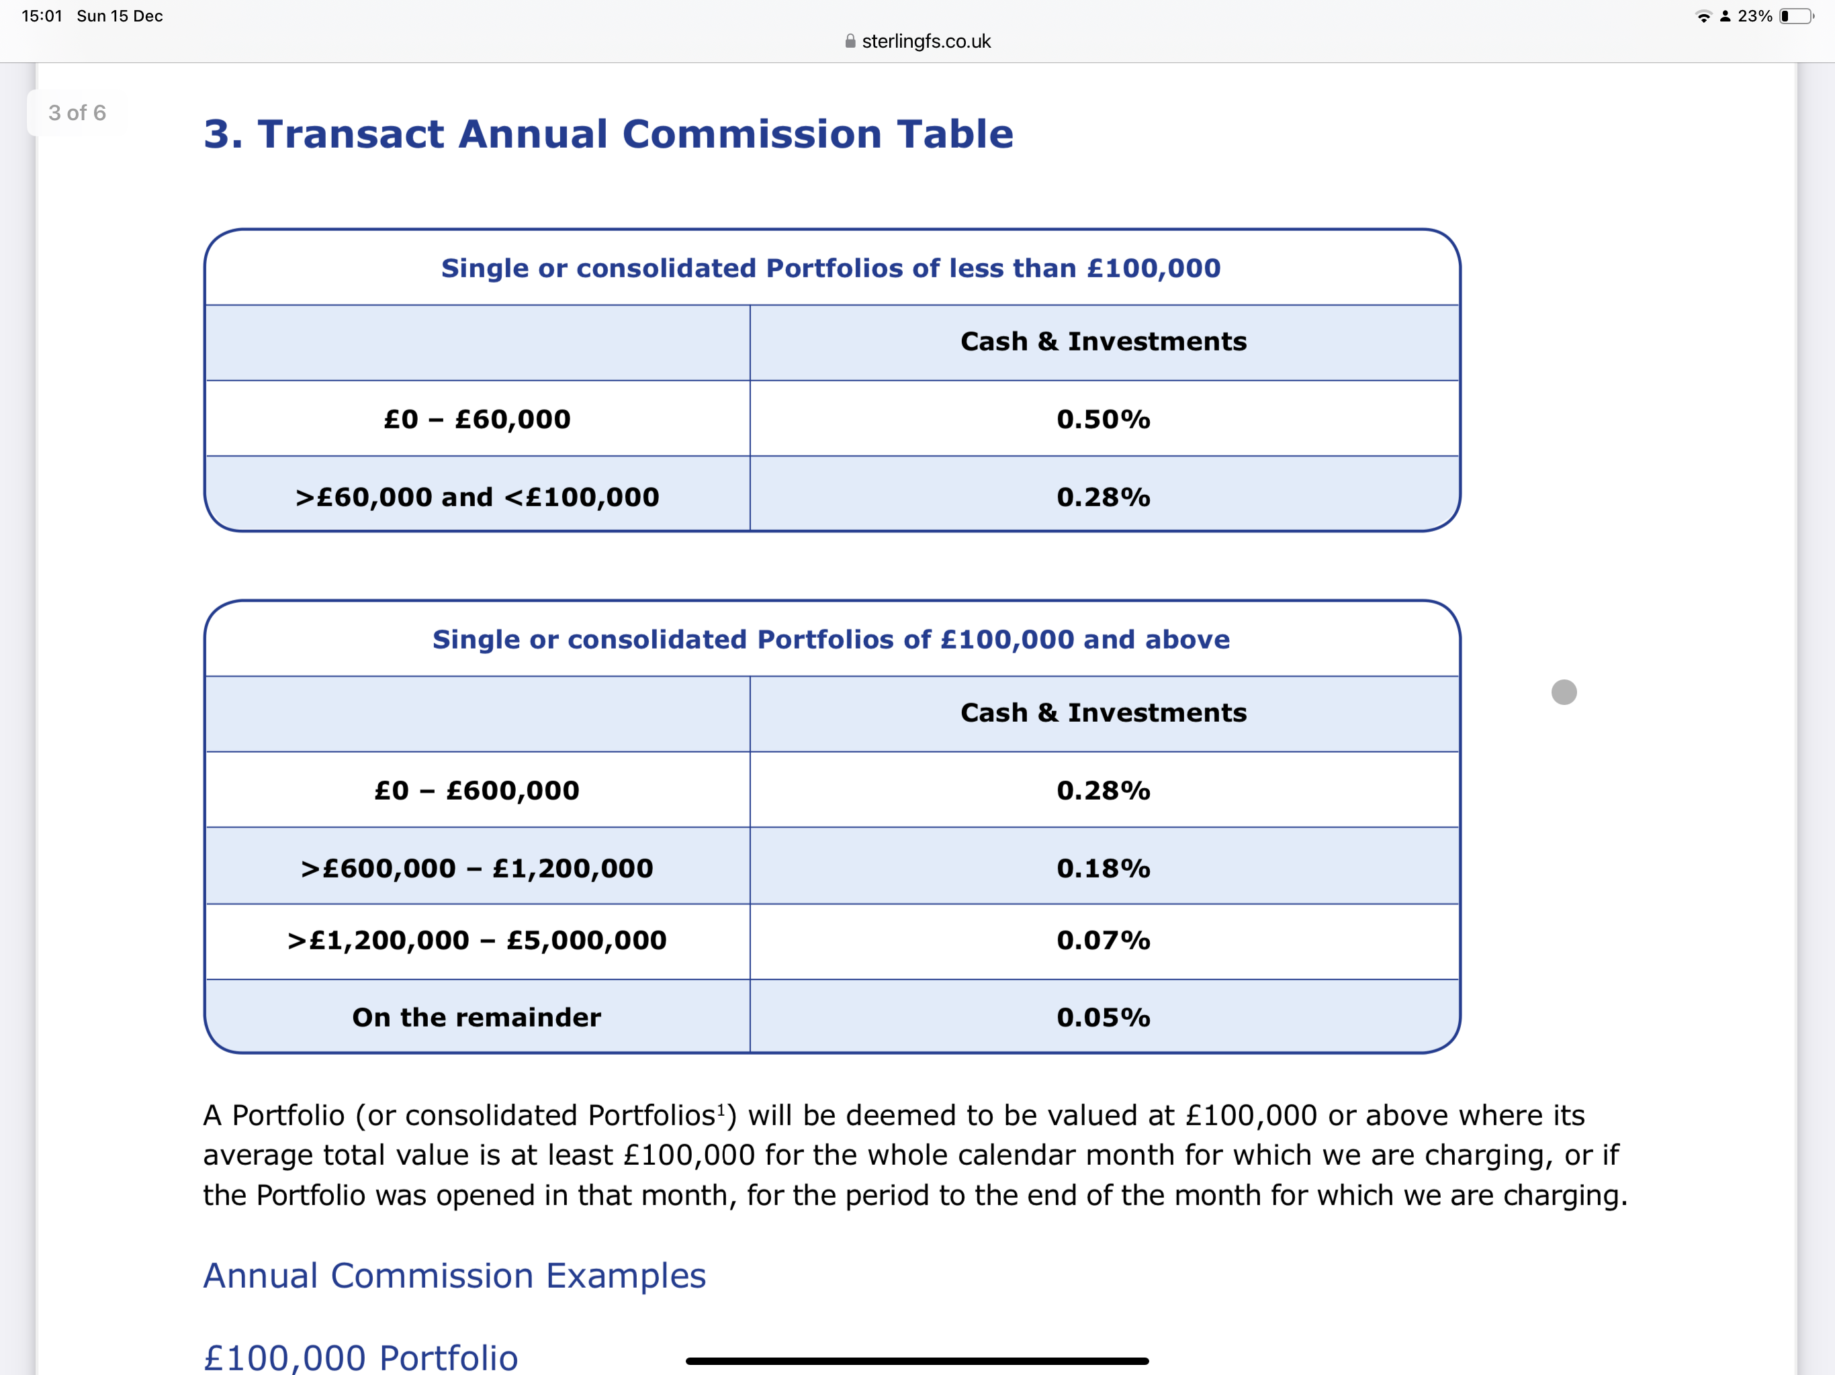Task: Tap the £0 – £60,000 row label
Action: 477,419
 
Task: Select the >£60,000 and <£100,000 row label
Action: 477,497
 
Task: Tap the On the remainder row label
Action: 476,1018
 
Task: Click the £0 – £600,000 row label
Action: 477,790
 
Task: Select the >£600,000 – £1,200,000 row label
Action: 477,868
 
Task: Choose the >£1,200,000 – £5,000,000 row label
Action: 477,941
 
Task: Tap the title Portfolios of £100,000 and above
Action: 830,639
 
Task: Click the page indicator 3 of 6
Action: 77,113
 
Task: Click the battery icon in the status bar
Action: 1797,15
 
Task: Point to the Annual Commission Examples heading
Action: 455,1276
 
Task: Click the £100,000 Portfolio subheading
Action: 361,1357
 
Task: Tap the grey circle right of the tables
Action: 1564,692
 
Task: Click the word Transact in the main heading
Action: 351,134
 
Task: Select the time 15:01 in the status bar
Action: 42,15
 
